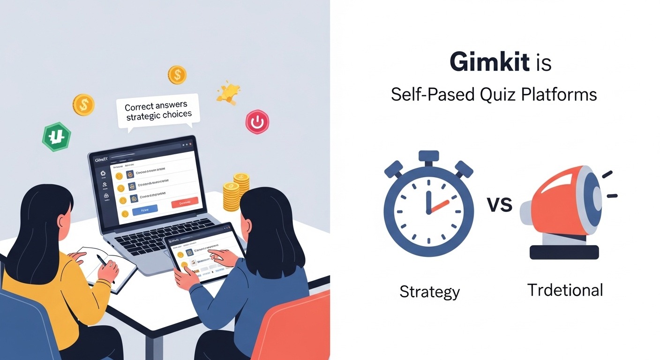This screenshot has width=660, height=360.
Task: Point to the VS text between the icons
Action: tap(499, 205)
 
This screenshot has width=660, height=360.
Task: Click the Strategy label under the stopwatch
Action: tap(429, 292)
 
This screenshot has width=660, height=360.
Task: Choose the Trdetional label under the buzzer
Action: tap(565, 290)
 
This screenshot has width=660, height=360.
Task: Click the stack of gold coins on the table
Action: tap(234, 192)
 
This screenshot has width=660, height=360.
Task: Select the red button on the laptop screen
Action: tap(184, 203)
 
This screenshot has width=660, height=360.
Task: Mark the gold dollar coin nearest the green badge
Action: tap(83, 105)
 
